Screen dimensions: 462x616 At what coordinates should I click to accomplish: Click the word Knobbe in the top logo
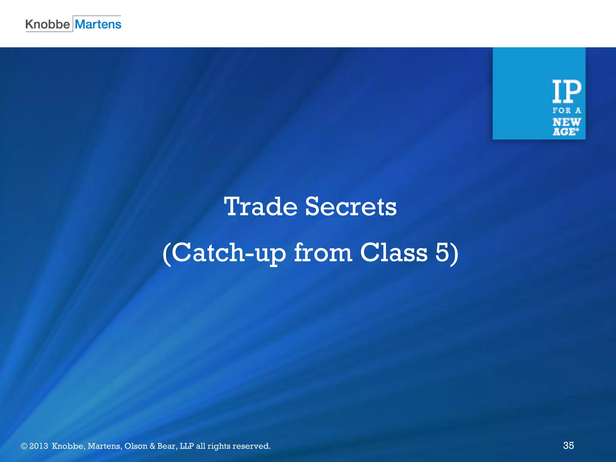coord(48,24)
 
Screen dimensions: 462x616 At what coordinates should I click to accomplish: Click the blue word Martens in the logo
coord(98,24)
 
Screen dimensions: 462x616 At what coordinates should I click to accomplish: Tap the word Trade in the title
coord(260,207)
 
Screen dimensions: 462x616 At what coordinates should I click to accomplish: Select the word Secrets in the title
coord(351,207)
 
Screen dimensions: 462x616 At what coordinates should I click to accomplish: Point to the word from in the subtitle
coord(323,252)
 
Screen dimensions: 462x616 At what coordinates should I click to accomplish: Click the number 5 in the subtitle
coord(442,252)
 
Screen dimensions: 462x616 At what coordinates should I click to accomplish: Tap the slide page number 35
coord(568,445)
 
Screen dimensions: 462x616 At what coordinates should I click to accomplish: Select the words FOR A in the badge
coord(567,111)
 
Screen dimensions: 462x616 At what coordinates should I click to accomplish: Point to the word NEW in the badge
coord(567,122)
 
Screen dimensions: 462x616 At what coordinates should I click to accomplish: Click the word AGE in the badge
coord(565,132)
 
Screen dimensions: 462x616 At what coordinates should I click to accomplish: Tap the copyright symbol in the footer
coord(24,446)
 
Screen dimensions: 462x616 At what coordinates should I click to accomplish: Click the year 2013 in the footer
coord(38,446)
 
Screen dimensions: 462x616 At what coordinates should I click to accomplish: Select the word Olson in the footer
coord(136,446)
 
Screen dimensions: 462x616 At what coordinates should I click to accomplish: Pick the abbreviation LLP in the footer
coord(186,446)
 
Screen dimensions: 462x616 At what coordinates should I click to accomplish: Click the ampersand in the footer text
coord(152,446)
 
